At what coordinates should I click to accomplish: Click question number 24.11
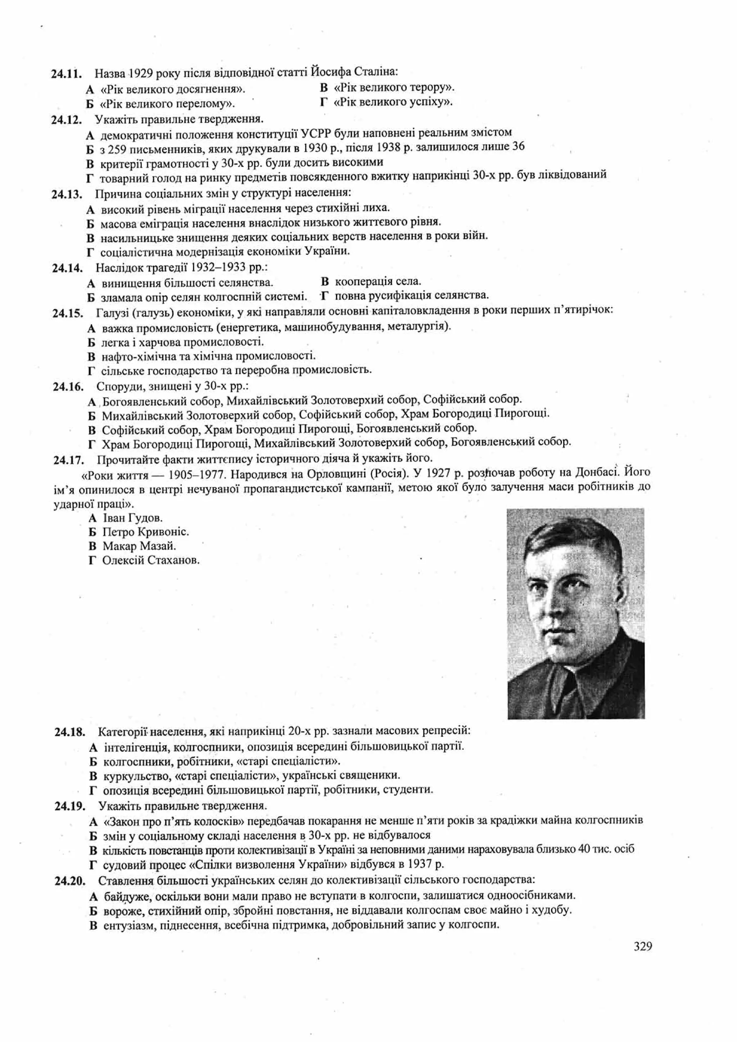click(x=66, y=73)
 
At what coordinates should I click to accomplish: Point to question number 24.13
click(x=67, y=194)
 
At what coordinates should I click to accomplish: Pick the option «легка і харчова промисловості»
click(x=182, y=342)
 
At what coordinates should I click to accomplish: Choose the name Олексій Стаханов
click(x=151, y=561)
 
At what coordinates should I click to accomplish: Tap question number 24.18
click(x=69, y=732)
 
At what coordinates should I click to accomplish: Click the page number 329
click(x=642, y=946)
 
